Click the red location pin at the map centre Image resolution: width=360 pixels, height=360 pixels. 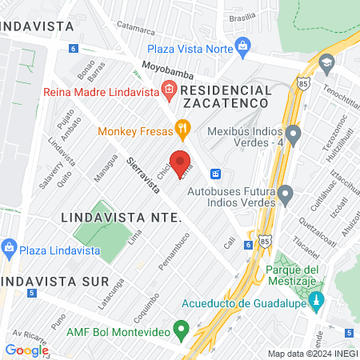pos(180,160)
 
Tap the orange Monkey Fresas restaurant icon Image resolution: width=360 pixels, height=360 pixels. pos(183,127)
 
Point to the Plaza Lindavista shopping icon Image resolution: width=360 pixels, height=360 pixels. pos(10,246)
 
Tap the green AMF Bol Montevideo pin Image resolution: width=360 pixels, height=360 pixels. pos(182,327)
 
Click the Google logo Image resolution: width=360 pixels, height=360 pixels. pos(26,350)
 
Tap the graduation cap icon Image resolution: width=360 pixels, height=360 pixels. pos(326,62)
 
